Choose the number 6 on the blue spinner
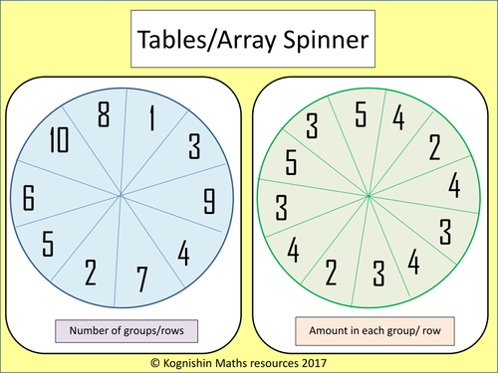[32, 198]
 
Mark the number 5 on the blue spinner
[48, 242]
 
